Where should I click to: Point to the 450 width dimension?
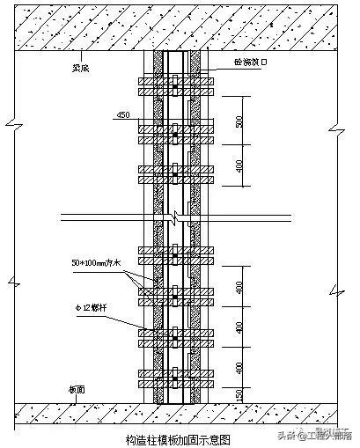[x=123, y=115]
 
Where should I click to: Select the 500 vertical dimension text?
[x=239, y=121]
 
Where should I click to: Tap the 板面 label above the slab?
[x=77, y=388]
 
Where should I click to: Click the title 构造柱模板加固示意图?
[x=179, y=437]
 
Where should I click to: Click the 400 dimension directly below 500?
[x=239, y=166]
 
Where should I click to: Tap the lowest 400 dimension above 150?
[x=239, y=365]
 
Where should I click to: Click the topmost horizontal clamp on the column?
[x=176, y=85]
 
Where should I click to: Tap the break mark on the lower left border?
[x=10, y=282]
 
